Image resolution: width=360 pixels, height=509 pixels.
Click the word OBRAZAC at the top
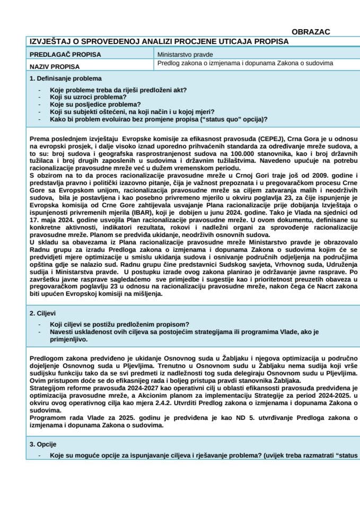[311, 32]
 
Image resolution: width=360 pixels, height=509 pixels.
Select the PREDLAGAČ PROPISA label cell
[65, 55]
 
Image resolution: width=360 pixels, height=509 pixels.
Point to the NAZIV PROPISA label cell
[55, 67]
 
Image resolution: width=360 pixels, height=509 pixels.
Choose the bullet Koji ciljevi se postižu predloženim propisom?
[120, 324]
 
